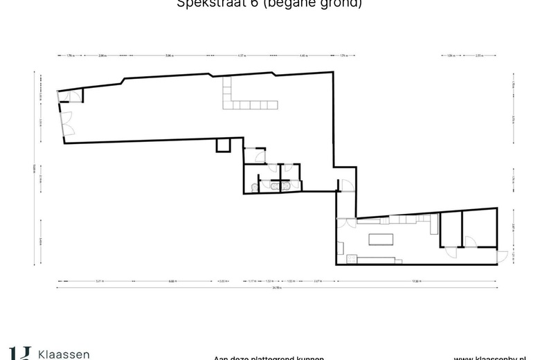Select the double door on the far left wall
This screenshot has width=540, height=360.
(67, 122)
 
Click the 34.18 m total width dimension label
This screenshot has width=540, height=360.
(277, 287)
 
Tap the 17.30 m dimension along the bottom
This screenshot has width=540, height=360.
(416, 280)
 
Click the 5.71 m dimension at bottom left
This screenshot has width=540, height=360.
(100, 280)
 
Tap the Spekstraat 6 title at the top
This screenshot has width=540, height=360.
(269, 3)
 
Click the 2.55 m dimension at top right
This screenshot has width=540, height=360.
(479, 55)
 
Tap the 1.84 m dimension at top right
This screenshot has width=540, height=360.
(450, 55)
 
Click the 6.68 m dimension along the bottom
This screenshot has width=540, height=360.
(172, 280)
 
